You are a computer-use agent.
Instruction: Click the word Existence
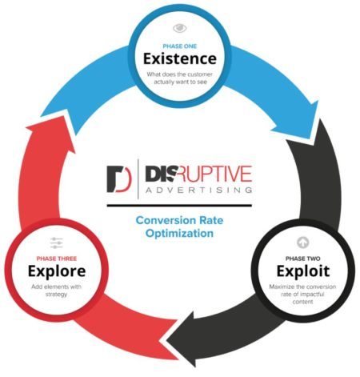[x=180, y=58]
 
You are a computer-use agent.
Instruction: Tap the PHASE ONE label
[x=180, y=46]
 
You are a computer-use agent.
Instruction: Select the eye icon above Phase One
[x=180, y=28]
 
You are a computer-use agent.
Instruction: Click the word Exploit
[x=303, y=271]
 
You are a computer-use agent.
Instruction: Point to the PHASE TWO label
[x=303, y=259]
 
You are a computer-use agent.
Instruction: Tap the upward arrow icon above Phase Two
[x=303, y=243]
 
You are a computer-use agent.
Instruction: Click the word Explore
[x=57, y=271]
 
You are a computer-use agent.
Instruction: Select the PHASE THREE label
[x=57, y=259]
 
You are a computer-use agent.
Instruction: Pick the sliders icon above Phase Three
[x=57, y=243]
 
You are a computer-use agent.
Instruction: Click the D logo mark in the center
[x=119, y=179]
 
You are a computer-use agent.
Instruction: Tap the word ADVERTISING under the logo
[x=198, y=190]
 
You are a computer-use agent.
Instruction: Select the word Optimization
[x=179, y=233]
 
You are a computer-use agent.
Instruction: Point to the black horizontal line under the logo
[x=179, y=206]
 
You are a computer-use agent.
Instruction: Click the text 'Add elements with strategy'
[x=56, y=291]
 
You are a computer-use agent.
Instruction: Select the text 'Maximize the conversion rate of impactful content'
[x=302, y=294]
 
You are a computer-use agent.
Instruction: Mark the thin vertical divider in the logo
[x=138, y=178]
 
